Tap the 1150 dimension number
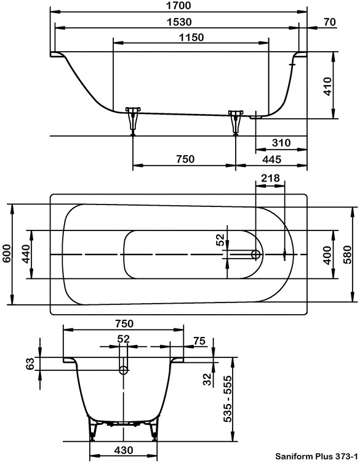coord(191,38)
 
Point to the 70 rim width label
coord(330,22)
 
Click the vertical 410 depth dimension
coord(327,86)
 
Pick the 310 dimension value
coord(281,143)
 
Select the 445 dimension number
coord(272,160)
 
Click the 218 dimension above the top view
coord(270,178)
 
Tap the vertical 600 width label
coord(6,254)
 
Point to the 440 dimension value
coord(26,254)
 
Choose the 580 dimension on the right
coord(347,254)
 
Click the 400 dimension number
coord(327,255)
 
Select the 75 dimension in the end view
coord(199,341)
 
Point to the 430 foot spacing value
coord(124,450)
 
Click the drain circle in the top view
coord(256,254)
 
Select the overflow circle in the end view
coord(124,370)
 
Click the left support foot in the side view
coord(133,121)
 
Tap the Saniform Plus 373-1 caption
coord(316,456)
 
